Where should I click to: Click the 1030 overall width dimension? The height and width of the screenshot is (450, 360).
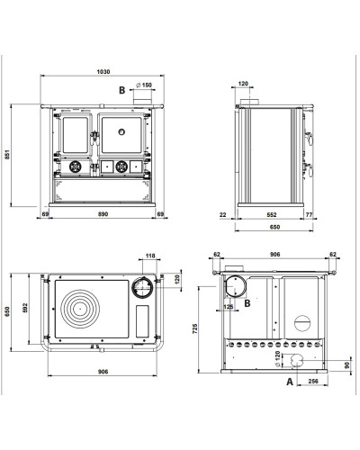103,72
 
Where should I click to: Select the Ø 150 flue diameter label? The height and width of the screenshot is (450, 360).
144,85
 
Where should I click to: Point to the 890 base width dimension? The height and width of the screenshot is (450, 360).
103,214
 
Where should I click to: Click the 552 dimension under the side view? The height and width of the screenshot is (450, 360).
272,215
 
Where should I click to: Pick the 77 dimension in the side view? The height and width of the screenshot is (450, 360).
310,215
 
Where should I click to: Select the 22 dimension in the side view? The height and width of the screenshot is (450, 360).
222,215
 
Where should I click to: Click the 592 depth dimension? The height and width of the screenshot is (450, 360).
25,308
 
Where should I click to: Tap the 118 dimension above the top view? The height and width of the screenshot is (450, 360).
150,256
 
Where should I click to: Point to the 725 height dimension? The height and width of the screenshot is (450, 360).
195,328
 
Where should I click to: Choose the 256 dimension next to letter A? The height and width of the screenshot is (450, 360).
313,382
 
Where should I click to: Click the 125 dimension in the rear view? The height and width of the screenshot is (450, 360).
229,307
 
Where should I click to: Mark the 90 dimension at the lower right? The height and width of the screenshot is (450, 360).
347,365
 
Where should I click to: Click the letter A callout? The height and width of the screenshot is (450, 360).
290,382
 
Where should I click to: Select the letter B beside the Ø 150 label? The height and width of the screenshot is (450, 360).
121,90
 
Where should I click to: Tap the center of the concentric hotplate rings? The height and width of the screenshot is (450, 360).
80,309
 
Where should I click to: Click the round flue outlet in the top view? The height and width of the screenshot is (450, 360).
142,287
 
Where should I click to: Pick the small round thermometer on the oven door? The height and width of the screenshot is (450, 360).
121,131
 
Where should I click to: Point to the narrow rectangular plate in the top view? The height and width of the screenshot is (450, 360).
142,321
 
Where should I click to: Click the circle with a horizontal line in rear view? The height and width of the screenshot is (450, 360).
302,323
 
